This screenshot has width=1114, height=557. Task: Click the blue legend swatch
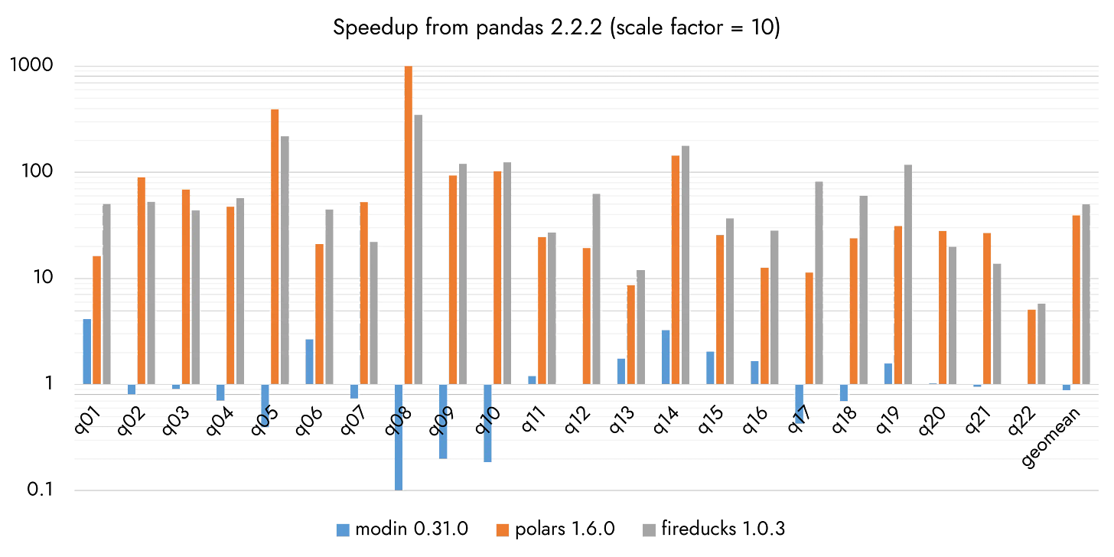point(343,529)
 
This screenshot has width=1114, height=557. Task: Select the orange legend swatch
point(503,529)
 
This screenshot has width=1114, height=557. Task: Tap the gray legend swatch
point(650,529)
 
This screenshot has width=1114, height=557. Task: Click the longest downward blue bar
point(399,436)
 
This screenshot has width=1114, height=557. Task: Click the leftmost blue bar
point(86,351)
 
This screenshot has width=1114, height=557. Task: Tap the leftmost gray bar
point(107,294)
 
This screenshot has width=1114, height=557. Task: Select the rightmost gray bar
point(1086,294)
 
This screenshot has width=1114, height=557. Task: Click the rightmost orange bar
point(1076,299)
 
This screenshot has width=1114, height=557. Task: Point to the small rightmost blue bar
point(1066,388)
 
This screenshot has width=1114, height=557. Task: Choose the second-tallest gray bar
point(686,264)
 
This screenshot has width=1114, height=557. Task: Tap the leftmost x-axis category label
point(86,418)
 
